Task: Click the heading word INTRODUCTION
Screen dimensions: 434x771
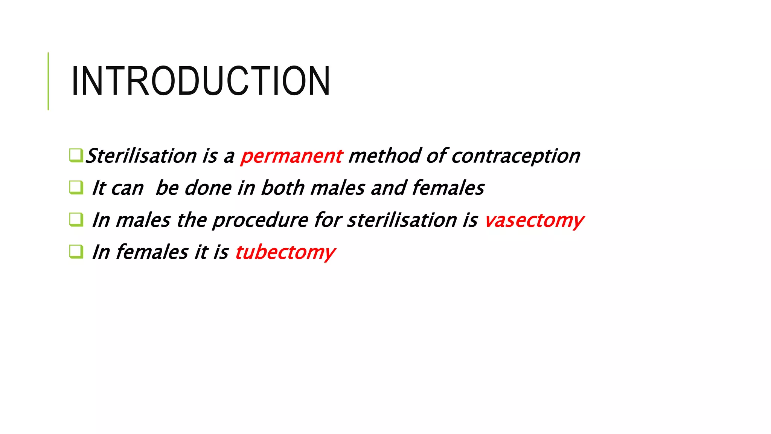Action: tap(201, 81)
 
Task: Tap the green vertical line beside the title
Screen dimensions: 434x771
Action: tap(48, 81)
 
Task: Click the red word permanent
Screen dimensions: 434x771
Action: tap(291, 156)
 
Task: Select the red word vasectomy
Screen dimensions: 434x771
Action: tap(534, 220)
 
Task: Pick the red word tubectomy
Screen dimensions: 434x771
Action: tap(285, 252)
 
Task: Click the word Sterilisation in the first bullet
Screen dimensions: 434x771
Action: tap(141, 156)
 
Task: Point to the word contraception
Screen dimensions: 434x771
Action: tap(516, 156)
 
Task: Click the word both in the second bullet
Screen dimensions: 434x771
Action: tap(282, 188)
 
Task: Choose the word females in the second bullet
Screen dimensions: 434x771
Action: tap(448, 188)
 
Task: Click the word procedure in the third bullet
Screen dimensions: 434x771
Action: tap(260, 220)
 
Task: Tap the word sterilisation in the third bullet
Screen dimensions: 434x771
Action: tap(402, 220)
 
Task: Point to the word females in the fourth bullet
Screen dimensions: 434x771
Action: tap(152, 252)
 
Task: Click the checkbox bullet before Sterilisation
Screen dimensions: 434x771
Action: tap(76, 155)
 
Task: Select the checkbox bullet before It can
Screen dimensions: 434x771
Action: tap(76, 187)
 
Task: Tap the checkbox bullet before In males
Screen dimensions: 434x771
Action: tap(76, 220)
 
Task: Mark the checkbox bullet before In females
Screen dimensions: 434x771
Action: tap(76, 252)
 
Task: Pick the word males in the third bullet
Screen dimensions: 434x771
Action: tap(143, 220)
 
